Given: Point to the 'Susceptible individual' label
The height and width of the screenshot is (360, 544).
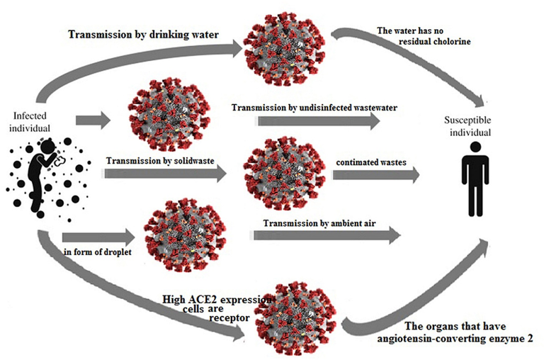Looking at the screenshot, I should click(472, 126).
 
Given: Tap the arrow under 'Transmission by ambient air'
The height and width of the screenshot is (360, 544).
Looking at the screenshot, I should click(322, 238).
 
